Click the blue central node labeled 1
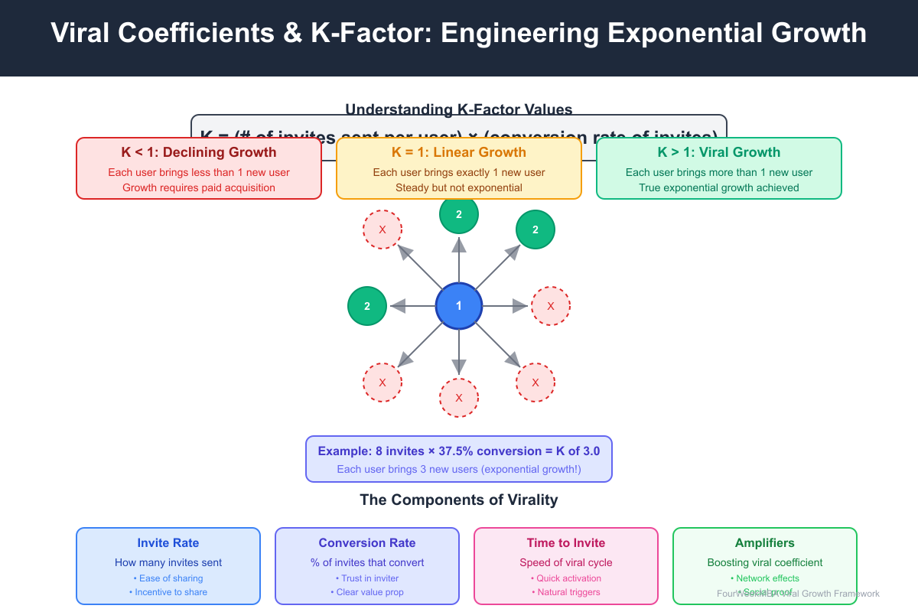(459, 306)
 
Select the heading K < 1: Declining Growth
(199, 152)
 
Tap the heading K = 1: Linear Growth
(459, 152)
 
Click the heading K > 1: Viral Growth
(719, 152)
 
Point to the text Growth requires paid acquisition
(199, 187)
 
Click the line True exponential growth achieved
(719, 187)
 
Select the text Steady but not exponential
(459, 187)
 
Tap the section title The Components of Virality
(459, 500)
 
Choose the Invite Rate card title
(168, 543)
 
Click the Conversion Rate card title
(367, 543)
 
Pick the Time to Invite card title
(566, 543)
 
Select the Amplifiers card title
(765, 543)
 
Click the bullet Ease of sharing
(168, 578)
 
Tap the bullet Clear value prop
(367, 592)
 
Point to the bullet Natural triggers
(566, 592)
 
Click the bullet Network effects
(765, 578)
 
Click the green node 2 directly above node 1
(459, 215)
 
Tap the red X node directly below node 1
(459, 398)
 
